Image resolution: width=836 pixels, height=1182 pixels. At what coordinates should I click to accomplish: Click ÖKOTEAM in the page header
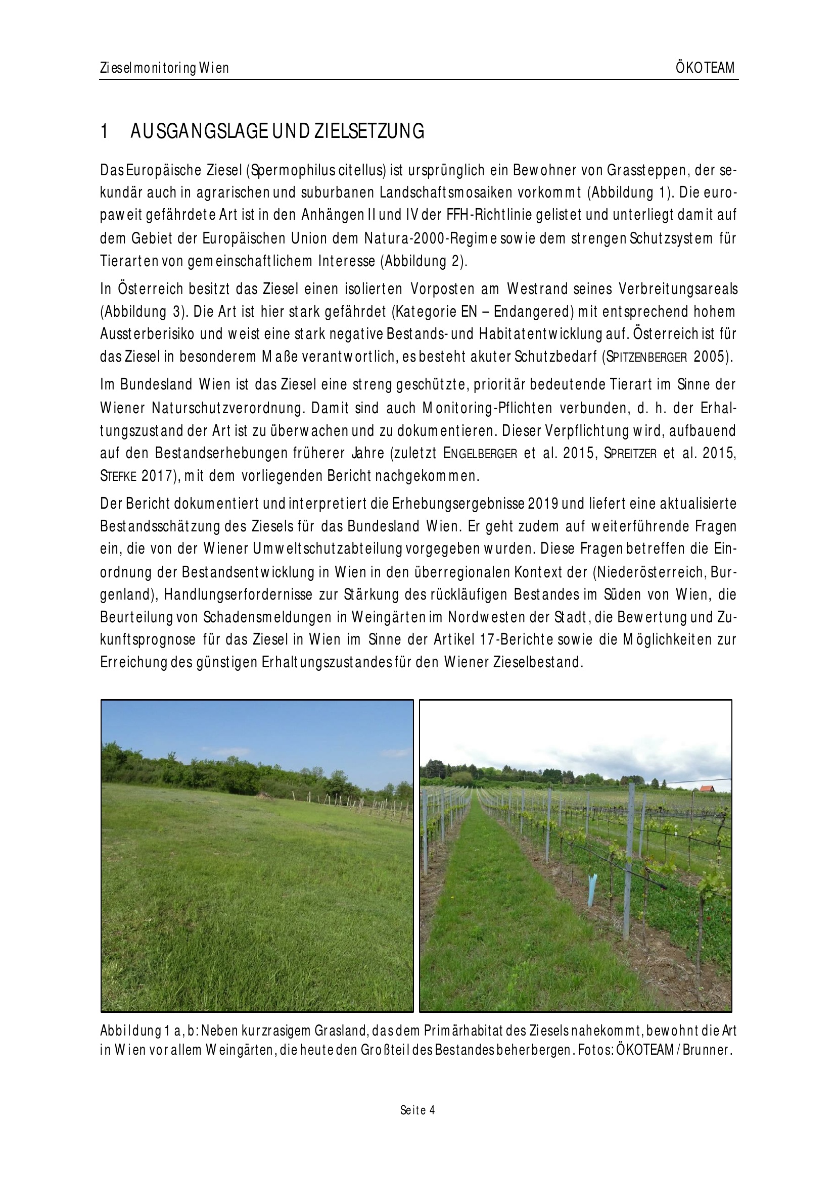click(x=705, y=68)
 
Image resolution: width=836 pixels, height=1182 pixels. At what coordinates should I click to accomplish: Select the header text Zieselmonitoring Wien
click(x=164, y=68)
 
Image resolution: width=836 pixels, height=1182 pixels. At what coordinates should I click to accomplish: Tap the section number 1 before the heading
click(x=104, y=132)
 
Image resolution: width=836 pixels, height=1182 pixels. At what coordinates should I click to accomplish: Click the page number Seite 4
click(x=417, y=1110)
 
